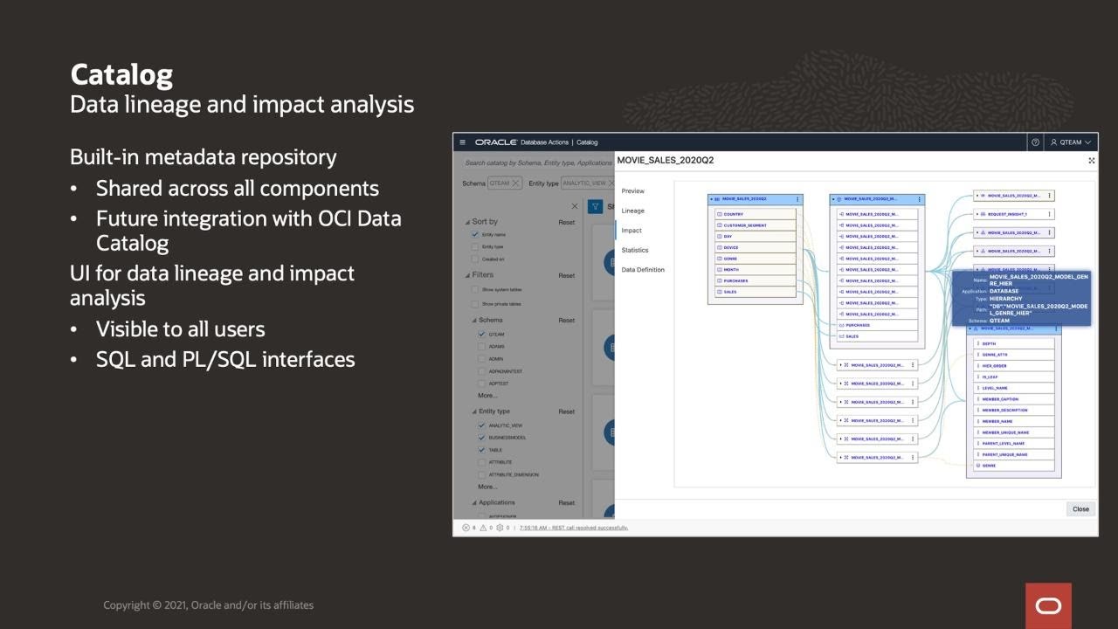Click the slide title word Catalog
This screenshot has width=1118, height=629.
point(121,74)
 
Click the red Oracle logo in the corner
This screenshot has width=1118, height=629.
point(1048,605)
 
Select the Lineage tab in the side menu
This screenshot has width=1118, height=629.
point(633,211)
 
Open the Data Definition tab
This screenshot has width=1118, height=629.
point(643,270)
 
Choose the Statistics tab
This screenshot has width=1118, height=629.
point(635,250)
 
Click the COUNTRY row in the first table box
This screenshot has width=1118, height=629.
point(734,214)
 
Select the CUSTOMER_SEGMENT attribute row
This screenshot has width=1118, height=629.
point(744,225)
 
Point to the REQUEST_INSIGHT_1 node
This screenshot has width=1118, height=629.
point(1007,214)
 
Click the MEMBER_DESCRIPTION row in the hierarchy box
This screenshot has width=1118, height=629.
point(1004,410)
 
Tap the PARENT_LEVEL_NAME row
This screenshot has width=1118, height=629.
point(1003,443)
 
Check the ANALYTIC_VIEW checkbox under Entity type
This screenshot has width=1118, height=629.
point(481,425)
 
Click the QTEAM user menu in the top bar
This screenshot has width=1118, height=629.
point(1071,142)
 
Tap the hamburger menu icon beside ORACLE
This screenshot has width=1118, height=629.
point(463,142)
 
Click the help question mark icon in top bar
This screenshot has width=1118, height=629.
point(1035,142)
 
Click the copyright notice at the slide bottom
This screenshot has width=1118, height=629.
point(208,605)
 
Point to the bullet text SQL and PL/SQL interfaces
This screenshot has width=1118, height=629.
point(225,359)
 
